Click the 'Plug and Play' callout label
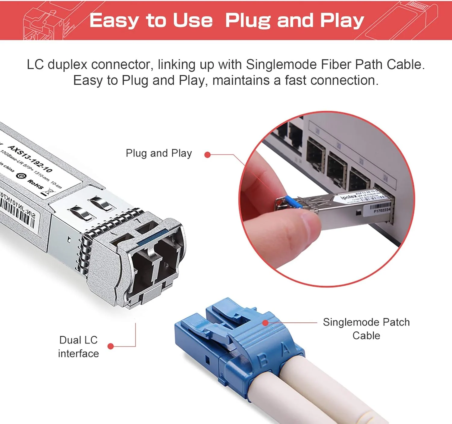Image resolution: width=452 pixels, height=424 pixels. [159, 153]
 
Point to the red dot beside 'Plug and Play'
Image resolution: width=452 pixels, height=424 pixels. [207, 155]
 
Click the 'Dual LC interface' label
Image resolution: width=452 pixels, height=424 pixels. [78, 347]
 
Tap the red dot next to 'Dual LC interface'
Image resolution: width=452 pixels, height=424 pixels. [111, 346]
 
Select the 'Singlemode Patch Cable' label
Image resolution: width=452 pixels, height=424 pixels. [366, 329]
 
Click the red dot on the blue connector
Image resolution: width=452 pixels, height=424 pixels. [265, 323]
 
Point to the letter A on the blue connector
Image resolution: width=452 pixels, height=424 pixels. [285, 349]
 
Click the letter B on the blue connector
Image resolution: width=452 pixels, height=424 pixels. [263, 360]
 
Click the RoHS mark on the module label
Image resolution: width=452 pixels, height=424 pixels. [35, 184]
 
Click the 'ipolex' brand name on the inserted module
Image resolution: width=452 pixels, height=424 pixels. [348, 197]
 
